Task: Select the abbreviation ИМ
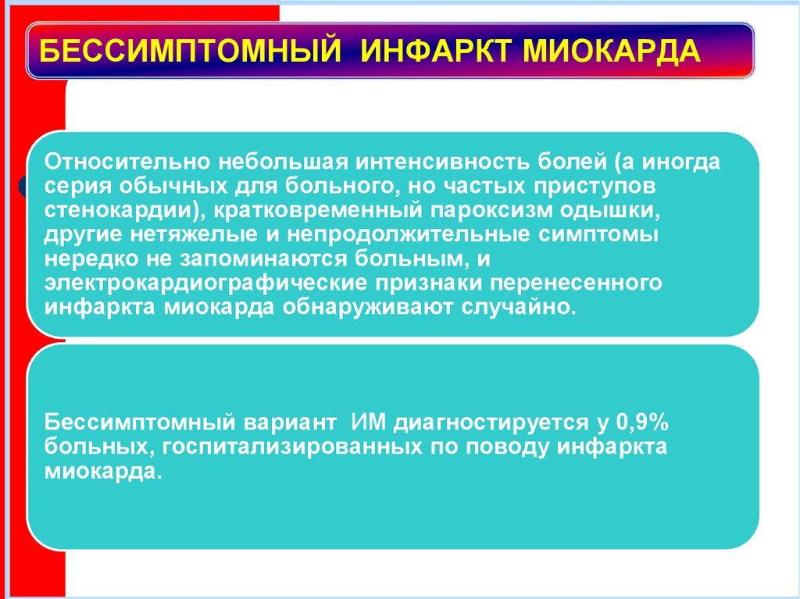tap(366, 424)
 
